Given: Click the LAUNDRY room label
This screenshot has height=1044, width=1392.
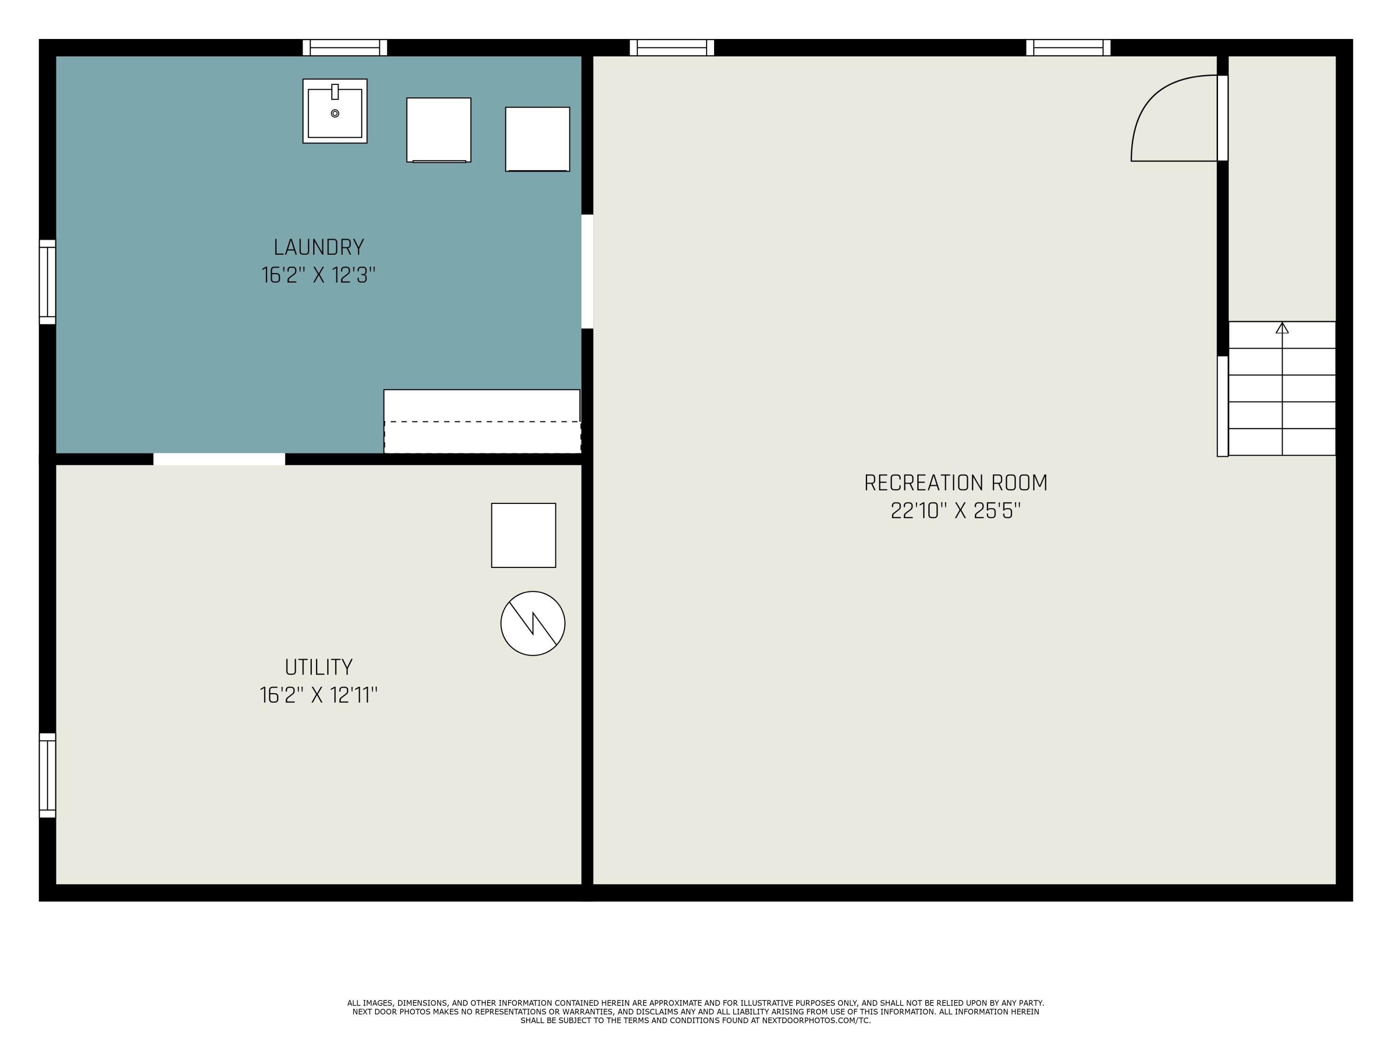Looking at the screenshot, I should pos(318,247).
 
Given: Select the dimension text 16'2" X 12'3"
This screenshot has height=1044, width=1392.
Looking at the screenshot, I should pos(318,276).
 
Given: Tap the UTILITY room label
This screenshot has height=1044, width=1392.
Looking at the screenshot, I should pos(318,667).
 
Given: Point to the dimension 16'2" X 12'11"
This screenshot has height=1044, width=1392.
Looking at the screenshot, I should pos(318,696).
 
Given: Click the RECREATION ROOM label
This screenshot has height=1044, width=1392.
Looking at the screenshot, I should pos(955,483).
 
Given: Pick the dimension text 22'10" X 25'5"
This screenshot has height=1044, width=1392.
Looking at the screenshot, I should pos(955,511).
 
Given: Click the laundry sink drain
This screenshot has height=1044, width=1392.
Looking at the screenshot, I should pos(335,113).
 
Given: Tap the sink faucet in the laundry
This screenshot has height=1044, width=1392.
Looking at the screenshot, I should pos(335,92).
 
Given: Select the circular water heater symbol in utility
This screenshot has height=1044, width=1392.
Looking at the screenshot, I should pos(532,624).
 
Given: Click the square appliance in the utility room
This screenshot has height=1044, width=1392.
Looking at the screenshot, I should pos(523,535).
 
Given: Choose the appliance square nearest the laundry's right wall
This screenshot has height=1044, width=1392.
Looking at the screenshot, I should pos(537,139).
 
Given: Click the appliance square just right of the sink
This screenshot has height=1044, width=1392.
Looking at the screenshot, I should pos(438,129).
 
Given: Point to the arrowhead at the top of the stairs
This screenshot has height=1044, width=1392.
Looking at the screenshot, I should pos(1282,328).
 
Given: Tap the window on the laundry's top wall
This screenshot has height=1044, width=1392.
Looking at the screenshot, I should pos(345,47).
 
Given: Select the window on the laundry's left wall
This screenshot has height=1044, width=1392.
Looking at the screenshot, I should pos(47,282).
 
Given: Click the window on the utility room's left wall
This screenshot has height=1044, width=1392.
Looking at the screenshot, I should pos(47,775).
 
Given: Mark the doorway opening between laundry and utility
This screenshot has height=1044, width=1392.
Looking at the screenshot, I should pos(219,459).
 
